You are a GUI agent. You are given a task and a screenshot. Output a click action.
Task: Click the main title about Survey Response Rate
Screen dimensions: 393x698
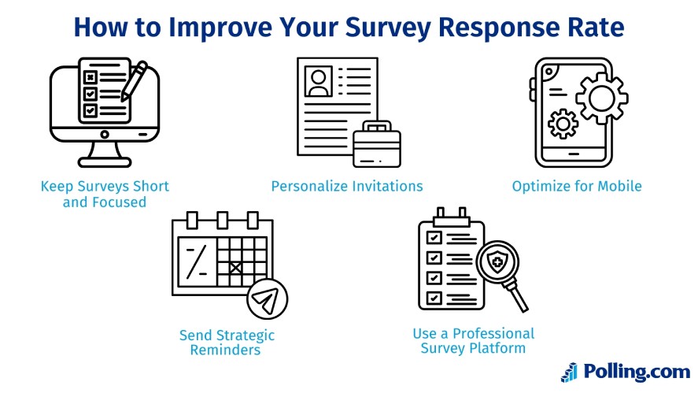click(349, 27)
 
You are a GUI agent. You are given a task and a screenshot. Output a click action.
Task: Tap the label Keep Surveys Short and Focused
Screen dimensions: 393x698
click(105, 194)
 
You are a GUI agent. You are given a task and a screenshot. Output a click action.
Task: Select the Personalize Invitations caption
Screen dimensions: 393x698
click(347, 187)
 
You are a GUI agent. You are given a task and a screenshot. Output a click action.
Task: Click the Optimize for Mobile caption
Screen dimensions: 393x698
click(577, 187)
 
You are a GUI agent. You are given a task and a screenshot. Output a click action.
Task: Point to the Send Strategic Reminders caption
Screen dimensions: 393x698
click(227, 343)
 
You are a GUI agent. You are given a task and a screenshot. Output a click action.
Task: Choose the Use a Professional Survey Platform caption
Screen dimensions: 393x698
click(473, 340)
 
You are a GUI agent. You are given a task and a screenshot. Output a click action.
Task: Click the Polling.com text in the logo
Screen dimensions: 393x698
click(636, 371)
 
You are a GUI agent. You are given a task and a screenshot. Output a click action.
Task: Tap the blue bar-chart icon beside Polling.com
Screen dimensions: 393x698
click(569, 372)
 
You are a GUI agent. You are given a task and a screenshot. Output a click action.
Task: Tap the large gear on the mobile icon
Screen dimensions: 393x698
click(602, 99)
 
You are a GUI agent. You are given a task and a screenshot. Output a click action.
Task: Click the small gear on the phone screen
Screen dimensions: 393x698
click(563, 124)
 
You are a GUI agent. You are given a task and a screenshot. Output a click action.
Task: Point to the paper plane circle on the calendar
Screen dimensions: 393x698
click(267, 299)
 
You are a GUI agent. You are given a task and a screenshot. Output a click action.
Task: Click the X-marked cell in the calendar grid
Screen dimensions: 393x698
click(234, 267)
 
